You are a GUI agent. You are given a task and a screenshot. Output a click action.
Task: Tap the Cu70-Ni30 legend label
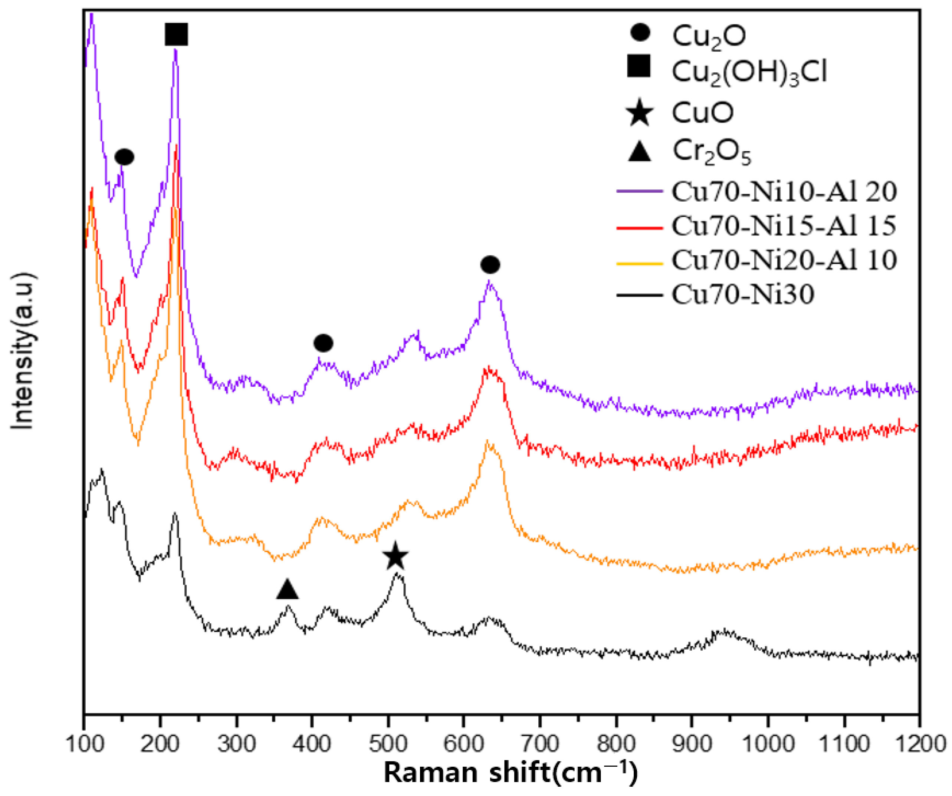tap(742, 294)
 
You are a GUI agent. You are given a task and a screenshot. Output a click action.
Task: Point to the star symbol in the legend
tap(640, 113)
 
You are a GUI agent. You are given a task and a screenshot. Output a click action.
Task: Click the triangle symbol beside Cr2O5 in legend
tap(640, 152)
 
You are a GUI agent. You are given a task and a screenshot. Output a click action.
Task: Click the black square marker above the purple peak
tap(176, 34)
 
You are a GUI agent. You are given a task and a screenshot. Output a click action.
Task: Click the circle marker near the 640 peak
tap(490, 265)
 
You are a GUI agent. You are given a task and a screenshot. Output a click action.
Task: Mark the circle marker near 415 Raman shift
tap(323, 343)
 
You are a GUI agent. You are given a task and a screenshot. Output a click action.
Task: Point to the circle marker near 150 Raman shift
tap(124, 157)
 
